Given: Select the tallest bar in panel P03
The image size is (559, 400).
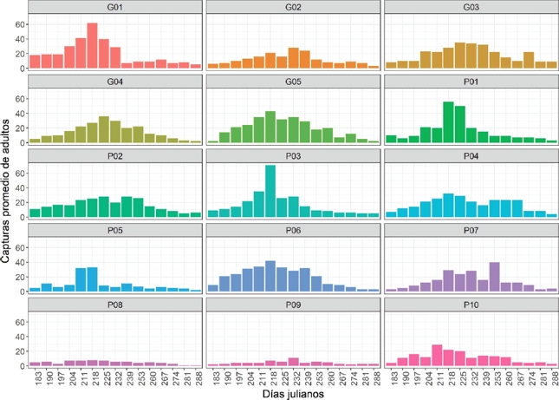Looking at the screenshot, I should tap(270, 191).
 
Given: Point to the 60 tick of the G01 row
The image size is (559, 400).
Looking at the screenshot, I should tap(21, 23).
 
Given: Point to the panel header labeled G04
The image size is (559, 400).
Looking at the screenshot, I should tap(115, 82).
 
